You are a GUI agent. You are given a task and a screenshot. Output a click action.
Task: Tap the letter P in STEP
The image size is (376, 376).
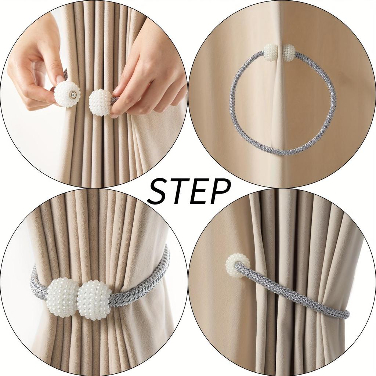click(x=220, y=192)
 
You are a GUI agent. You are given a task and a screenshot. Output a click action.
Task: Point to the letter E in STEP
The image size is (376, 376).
click(x=200, y=192)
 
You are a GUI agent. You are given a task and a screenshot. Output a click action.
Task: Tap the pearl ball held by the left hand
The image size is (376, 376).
click(x=67, y=94)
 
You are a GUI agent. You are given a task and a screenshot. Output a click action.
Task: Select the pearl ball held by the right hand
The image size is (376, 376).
click(x=100, y=102)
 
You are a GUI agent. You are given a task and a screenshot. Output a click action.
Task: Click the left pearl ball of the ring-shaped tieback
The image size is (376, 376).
click(x=271, y=52)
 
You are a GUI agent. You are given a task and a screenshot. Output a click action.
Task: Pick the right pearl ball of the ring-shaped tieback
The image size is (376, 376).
click(x=289, y=52)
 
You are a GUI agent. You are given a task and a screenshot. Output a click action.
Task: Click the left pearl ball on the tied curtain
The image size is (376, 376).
click(x=63, y=297)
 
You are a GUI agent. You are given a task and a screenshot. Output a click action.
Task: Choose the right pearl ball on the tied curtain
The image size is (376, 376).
click(x=94, y=300)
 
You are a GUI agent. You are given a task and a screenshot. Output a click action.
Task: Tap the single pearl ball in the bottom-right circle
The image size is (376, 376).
click(x=237, y=265)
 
